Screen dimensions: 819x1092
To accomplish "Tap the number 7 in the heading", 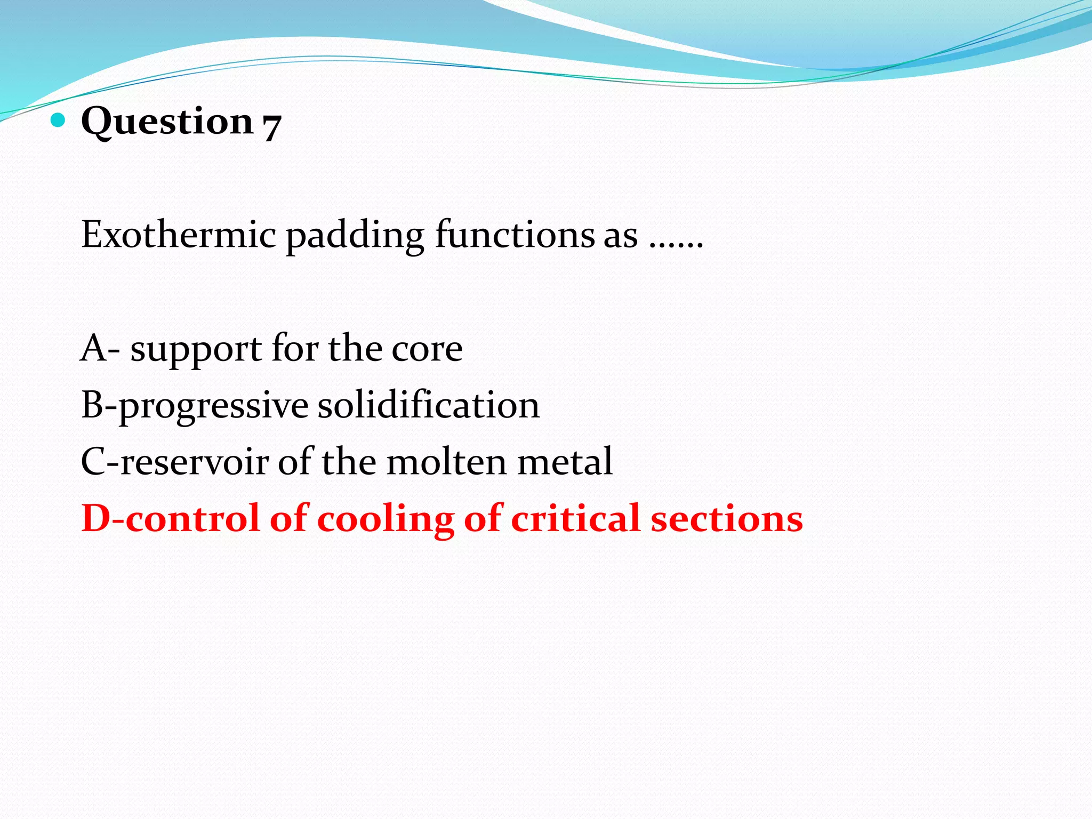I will [271, 126].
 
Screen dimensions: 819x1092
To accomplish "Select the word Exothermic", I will [179, 235].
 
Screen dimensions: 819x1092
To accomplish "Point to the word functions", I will [536, 235].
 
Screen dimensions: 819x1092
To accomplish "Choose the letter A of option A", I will [94, 349].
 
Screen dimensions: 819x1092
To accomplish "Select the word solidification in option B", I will [429, 406].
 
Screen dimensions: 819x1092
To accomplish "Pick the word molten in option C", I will [446, 462].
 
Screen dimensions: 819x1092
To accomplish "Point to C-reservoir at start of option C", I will [174, 462].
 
